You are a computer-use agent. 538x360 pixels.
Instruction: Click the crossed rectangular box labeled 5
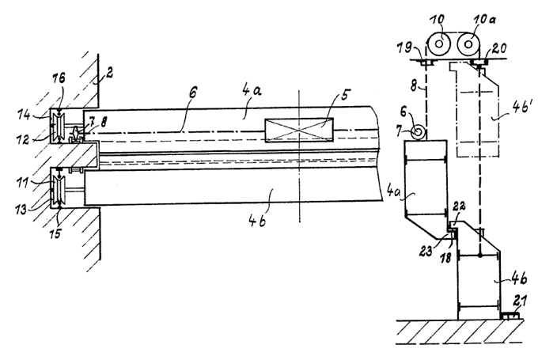[x=299, y=130]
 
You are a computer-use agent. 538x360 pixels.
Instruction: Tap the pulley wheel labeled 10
[x=439, y=44]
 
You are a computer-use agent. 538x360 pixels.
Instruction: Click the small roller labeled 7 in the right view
[x=419, y=132]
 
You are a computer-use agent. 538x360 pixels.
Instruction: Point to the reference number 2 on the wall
[x=109, y=73]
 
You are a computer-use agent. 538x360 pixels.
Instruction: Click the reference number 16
[x=59, y=78]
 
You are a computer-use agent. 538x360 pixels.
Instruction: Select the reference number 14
[x=25, y=114]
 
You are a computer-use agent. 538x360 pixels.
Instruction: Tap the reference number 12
[x=22, y=139]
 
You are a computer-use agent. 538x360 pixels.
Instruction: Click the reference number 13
[x=21, y=208]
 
